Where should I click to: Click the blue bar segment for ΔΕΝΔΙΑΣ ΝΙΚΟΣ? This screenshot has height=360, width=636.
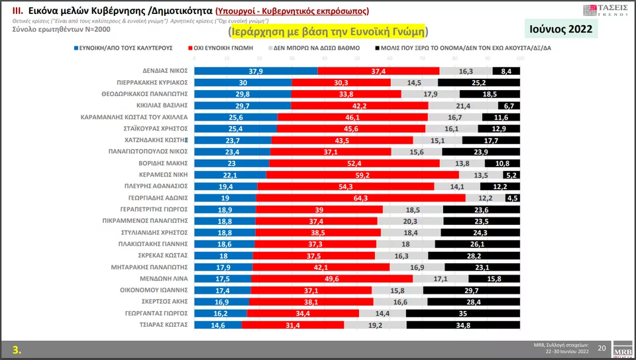(255, 70)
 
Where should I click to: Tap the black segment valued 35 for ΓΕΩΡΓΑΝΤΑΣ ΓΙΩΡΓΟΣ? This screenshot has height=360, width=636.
(462, 313)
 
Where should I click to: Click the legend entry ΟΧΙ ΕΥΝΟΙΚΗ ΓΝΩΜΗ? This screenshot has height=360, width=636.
(227, 48)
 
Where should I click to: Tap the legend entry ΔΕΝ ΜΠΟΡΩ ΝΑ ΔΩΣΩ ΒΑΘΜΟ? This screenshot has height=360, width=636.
(316, 48)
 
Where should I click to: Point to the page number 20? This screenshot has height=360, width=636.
(602, 348)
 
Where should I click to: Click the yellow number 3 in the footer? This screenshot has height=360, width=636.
(17, 349)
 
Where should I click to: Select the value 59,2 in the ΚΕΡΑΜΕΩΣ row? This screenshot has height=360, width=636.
(362, 174)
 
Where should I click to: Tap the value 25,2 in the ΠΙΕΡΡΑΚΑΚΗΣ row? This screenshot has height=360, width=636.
(478, 82)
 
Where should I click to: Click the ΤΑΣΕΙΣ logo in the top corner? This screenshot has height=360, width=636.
(605, 10)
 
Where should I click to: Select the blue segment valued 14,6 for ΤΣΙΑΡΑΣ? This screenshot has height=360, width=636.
(218, 325)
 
